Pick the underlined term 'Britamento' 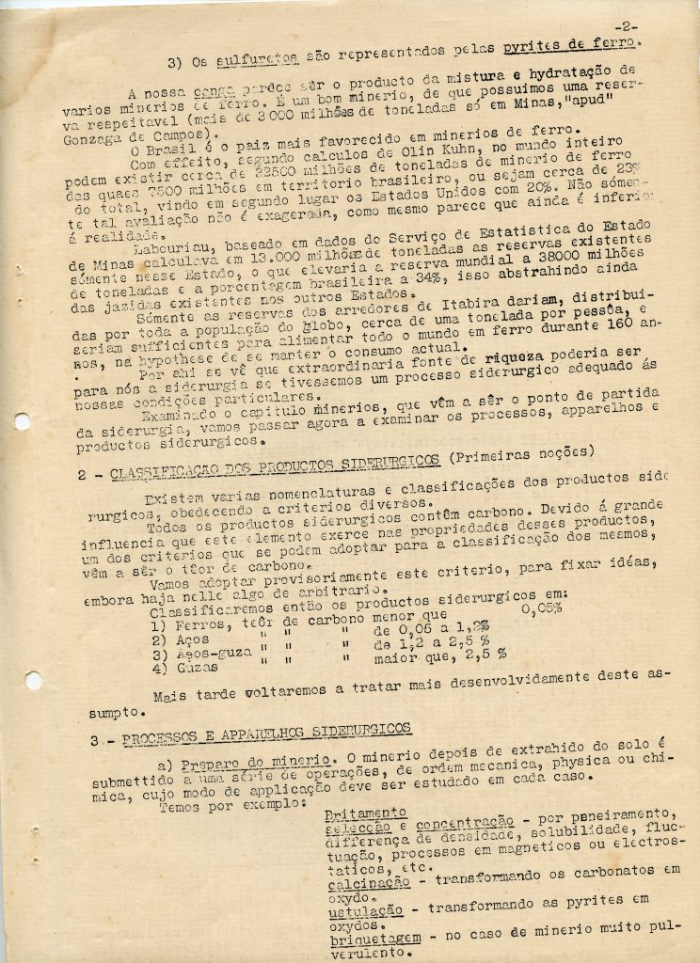click(365, 813)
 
